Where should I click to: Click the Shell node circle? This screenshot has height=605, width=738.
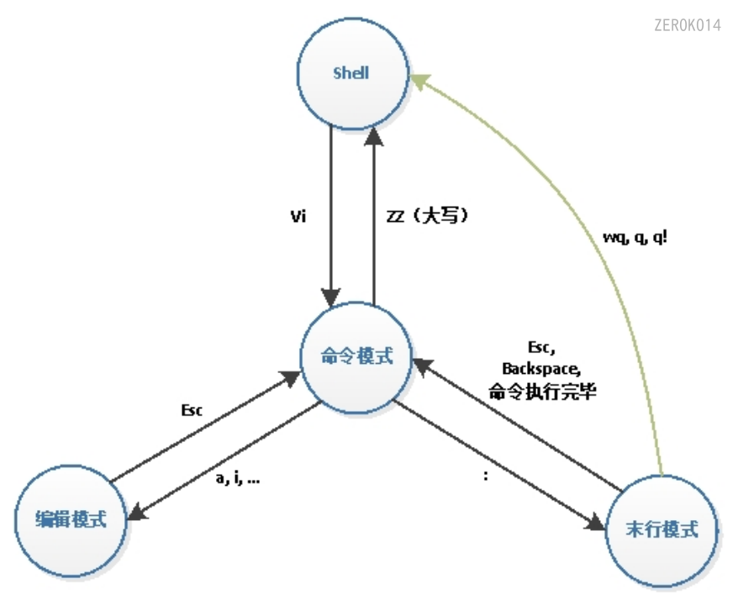pos(351,72)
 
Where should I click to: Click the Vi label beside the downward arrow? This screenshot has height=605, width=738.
pos(297,217)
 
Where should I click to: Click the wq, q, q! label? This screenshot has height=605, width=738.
pos(635,237)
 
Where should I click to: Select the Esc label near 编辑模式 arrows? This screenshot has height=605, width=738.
pos(193,412)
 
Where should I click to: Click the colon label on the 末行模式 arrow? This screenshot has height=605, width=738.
pos(486,475)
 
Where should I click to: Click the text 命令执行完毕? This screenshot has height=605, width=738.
pos(542,391)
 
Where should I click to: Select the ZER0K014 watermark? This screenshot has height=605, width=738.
pos(687,25)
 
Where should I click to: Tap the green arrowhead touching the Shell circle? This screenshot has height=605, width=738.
pos(419,82)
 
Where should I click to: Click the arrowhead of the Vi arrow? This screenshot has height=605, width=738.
pos(331,296)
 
